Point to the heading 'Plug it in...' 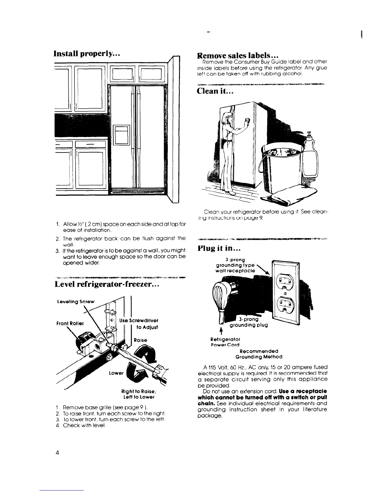click(217, 249)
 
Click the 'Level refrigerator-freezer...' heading click(107, 284)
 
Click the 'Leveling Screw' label click(76, 302)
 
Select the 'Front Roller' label click(70, 323)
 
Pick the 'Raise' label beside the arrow click(140, 340)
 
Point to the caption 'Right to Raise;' click(138, 391)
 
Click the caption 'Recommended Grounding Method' click(259, 354)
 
